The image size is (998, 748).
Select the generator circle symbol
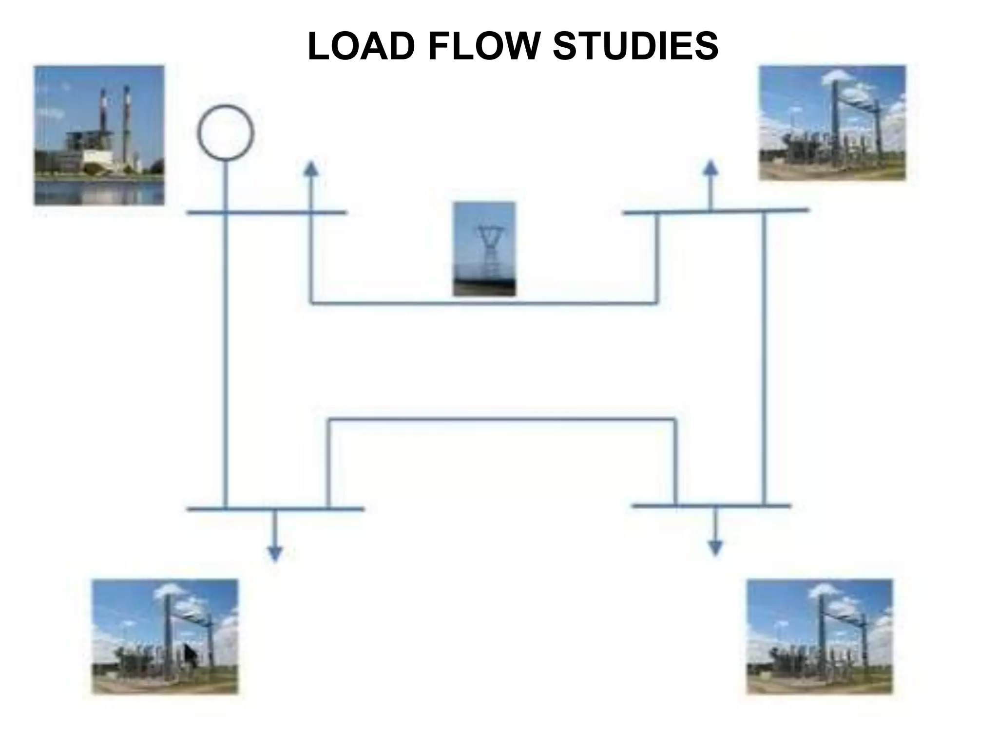pos(226,133)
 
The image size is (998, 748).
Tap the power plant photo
pos(99,135)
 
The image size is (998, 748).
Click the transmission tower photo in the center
pos(484,249)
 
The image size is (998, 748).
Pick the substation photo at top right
pos(832,123)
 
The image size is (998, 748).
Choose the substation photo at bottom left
pos(165,636)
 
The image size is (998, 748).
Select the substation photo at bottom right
pos(820,636)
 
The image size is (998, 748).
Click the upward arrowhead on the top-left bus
pos(311,168)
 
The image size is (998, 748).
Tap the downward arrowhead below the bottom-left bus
pos(275,553)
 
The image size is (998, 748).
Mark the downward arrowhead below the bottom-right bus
pos(715,548)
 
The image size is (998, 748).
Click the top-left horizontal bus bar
pos(267,213)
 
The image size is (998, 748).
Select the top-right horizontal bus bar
pos(716,211)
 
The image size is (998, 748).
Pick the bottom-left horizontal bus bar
pos(275,509)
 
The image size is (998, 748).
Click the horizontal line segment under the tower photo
pos(483,303)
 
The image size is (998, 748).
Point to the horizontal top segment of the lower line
pos(502,419)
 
